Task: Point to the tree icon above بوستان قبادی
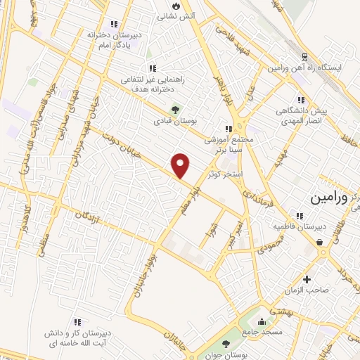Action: pyautogui.click(x=175, y=109)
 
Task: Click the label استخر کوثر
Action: pyautogui.click(x=224, y=172)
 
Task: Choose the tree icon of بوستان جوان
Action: pyautogui.click(x=225, y=343)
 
